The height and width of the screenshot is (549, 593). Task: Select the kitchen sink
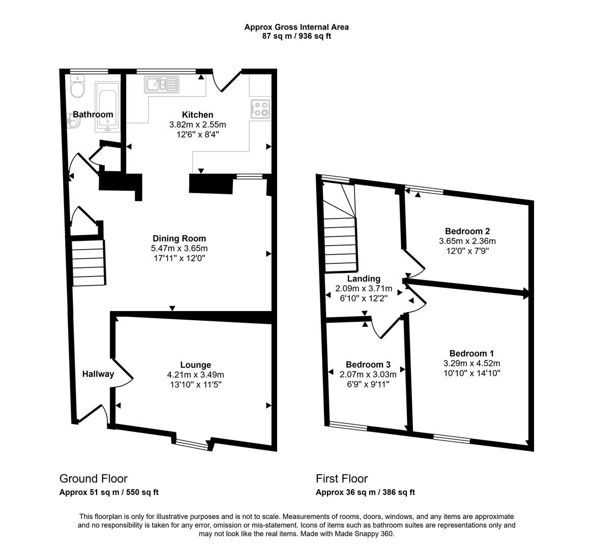162,84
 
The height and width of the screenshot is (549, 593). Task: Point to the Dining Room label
180,238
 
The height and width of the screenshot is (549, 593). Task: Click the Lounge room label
195,365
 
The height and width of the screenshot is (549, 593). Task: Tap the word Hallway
98,375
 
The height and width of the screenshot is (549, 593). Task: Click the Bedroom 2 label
467,231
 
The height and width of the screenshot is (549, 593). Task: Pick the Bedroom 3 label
368,364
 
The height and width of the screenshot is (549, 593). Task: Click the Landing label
363,279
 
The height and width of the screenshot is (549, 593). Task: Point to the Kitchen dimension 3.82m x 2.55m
197,125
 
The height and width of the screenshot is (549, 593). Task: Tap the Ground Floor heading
94,478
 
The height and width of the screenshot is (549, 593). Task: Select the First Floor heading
341,478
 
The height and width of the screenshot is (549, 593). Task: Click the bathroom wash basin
73,121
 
